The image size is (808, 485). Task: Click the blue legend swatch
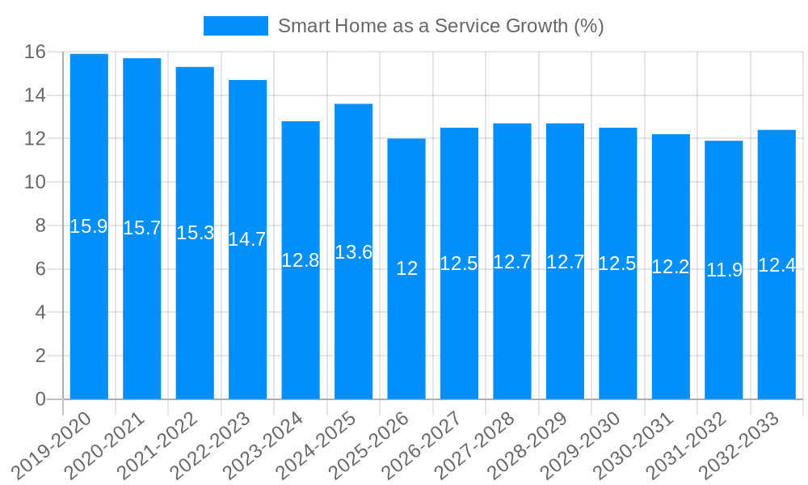235,26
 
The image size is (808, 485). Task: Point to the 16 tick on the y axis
35,53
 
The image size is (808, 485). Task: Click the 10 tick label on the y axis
35,183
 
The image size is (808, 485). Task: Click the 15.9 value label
89,226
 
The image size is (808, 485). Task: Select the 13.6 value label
353,252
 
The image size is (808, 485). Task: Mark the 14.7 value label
247,239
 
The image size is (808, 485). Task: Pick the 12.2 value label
671,267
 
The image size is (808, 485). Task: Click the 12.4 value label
776,265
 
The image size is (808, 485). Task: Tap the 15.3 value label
195,233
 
